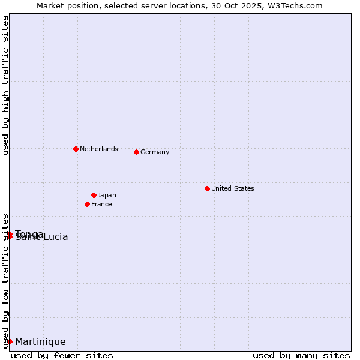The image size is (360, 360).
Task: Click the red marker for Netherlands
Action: point(76,149)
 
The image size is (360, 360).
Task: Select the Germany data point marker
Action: point(136,152)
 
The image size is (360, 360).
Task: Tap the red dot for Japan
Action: point(94,195)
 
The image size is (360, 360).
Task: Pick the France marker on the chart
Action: point(87,204)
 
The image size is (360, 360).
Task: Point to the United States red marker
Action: point(207,188)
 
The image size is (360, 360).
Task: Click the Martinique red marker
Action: point(10,341)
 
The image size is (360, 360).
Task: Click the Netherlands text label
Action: point(98,149)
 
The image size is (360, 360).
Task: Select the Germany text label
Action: point(155,152)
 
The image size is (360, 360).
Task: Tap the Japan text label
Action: point(107,195)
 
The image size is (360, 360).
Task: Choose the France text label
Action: point(101,204)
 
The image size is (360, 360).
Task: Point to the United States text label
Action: point(232,188)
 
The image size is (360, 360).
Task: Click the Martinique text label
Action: point(40,342)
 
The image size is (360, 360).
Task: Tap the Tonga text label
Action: point(29,233)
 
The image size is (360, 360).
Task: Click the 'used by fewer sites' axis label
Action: point(62,355)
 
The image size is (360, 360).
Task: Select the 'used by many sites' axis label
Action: point(301,355)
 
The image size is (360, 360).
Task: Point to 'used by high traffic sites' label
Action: point(5,85)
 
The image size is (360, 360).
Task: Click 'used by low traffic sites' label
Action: point(5,280)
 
